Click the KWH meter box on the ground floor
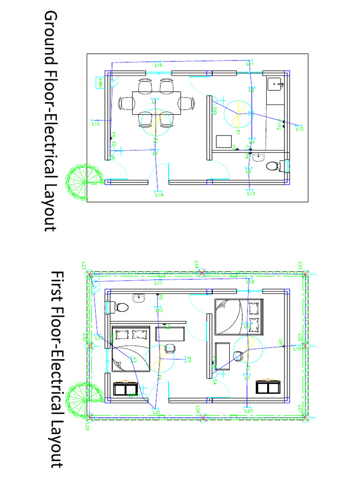click(x=100, y=83)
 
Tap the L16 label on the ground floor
click(x=158, y=66)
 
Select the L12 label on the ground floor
click(x=300, y=128)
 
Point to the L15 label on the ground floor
click(x=96, y=124)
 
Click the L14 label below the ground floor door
click(x=159, y=195)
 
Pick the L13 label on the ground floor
click(x=251, y=193)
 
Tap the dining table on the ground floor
click(x=156, y=103)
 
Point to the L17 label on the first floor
click(x=158, y=284)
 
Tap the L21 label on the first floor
click(x=157, y=412)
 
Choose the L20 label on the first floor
click(x=249, y=411)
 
